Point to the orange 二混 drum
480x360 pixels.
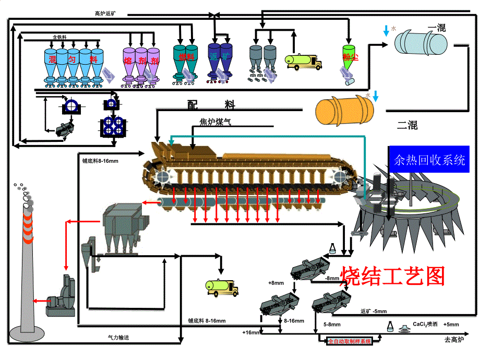[x=344, y=109]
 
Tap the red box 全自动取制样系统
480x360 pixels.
[x=350, y=342]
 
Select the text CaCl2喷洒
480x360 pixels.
[x=425, y=324]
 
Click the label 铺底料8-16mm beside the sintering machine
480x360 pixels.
[x=100, y=161]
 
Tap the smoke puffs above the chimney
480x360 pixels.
[x=23, y=193]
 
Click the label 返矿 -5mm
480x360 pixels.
[x=374, y=312]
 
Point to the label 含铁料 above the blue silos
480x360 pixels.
[x=59, y=37]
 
